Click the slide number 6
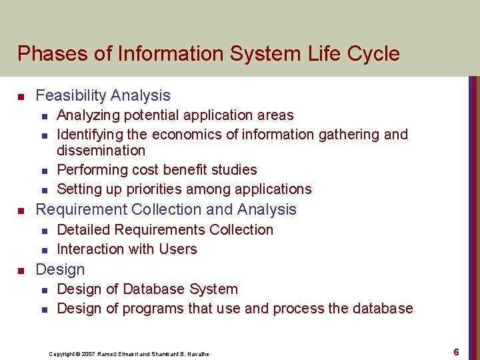point(456,351)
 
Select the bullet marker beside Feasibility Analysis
point(21,97)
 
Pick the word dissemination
point(101,151)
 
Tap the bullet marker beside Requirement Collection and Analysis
point(21,211)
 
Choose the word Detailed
point(84,230)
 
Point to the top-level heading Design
point(60,270)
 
